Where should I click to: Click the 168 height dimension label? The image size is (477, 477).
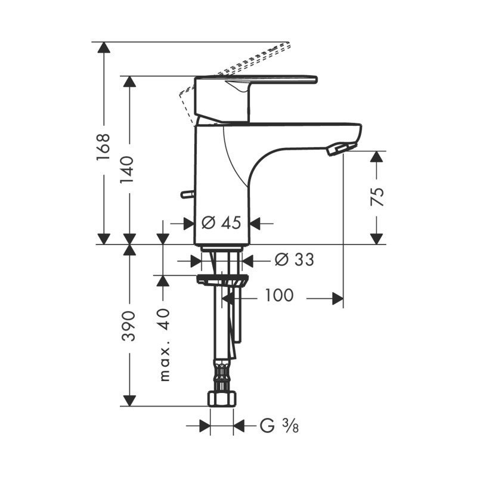pos(103,147)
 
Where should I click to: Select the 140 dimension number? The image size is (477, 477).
pos(127,170)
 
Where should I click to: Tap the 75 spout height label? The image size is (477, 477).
pos(377,197)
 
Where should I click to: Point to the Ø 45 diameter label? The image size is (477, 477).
pos(221,222)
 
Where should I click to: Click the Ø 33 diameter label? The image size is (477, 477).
pos(294,259)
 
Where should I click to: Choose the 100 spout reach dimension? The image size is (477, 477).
pos(279,295)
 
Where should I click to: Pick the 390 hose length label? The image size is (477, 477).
pos(128,326)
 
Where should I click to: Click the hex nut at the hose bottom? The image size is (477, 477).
pos(222,398)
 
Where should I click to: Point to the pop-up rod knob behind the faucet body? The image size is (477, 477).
pos(187,194)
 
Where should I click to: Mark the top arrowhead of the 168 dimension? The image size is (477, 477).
pos(104,48)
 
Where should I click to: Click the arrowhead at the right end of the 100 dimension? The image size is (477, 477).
pos(337,299)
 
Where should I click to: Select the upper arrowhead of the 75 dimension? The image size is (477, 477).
pos(377,156)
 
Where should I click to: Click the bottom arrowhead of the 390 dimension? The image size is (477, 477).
pos(129,400)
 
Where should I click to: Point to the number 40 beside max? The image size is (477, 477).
pos(165,319)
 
